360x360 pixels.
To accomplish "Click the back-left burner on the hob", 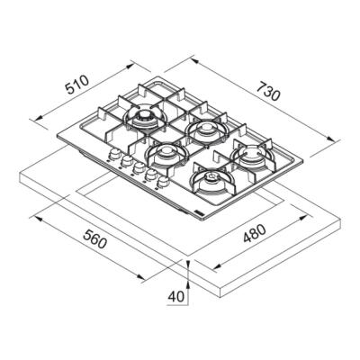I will pyautogui.click(x=143, y=118).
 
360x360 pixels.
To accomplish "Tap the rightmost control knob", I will pyautogui.click(x=164, y=184).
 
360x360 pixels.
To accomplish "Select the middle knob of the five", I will pyautogui.click(x=139, y=170).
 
